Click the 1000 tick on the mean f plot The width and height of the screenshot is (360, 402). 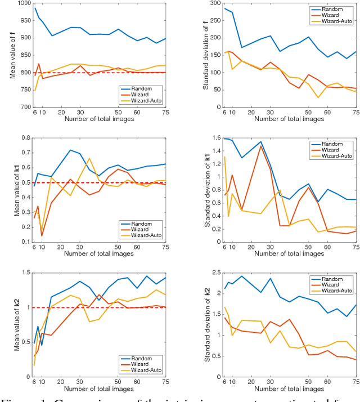[24, 4]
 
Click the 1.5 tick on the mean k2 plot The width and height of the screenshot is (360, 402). [26, 273]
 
